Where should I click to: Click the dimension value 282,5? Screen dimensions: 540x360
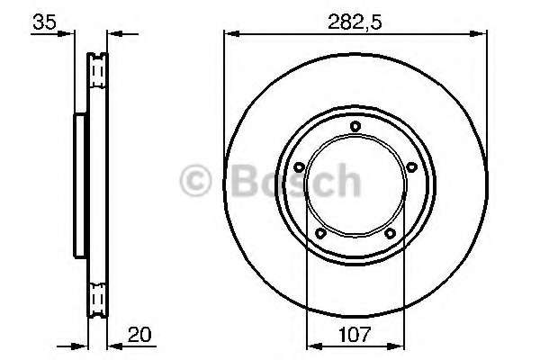coord(355,22)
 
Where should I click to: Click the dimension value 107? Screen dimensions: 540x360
coord(355,335)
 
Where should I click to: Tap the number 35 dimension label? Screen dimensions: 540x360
coord(44,22)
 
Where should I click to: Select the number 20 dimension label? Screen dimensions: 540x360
coord(139,335)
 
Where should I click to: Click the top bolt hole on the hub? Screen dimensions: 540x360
coord(355,126)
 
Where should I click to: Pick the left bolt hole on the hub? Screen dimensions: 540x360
coord(299,167)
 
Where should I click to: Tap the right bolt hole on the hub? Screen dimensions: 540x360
coord(411,167)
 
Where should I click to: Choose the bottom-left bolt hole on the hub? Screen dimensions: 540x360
coord(320,233)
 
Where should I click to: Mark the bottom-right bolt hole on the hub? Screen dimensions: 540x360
coord(390,234)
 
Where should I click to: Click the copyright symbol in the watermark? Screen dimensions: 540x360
coord(195,181)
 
